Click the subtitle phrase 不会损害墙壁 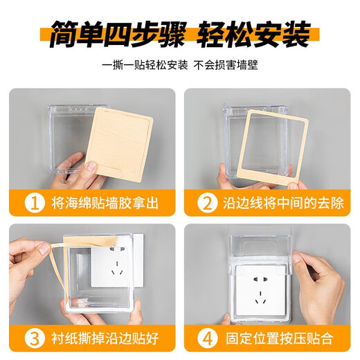(x=229, y=68)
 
